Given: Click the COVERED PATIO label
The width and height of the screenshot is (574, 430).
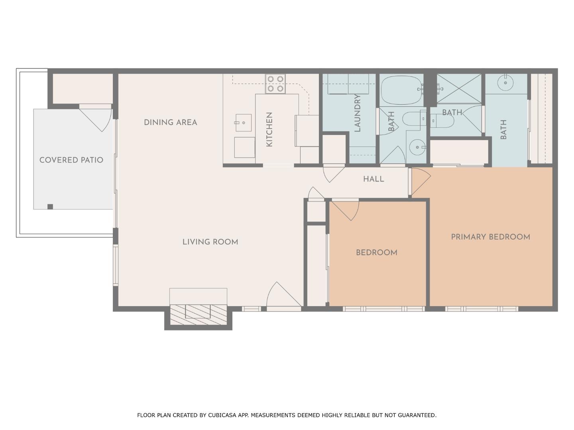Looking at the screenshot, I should click(71, 160).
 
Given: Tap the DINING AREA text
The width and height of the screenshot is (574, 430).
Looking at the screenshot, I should click(170, 123).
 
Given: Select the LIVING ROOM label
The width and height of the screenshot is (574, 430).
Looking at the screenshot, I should click(210, 242).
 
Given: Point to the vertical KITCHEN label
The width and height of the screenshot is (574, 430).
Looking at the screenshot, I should click(269, 129).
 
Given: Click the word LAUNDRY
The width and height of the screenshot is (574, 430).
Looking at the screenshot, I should click(357, 113).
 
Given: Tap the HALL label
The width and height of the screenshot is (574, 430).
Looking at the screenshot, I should click(373, 179).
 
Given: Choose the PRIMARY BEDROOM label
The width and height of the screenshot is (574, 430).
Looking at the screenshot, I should click(490, 237).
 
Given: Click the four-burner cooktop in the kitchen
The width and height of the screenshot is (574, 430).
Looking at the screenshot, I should click(275, 84).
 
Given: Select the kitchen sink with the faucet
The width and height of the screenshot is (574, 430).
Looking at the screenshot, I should click(243, 123).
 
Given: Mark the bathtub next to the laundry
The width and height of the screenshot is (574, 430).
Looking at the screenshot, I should click(401, 90).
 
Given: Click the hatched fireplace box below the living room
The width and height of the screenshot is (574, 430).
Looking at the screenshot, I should click(198, 312).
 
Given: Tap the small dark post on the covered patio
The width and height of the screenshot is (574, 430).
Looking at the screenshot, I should click(50, 206).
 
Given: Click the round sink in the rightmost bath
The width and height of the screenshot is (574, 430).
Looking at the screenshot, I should click(505, 83).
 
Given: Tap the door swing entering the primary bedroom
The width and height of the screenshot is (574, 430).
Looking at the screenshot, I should click(420, 181).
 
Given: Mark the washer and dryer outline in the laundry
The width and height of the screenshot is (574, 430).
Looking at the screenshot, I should click(348, 84).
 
